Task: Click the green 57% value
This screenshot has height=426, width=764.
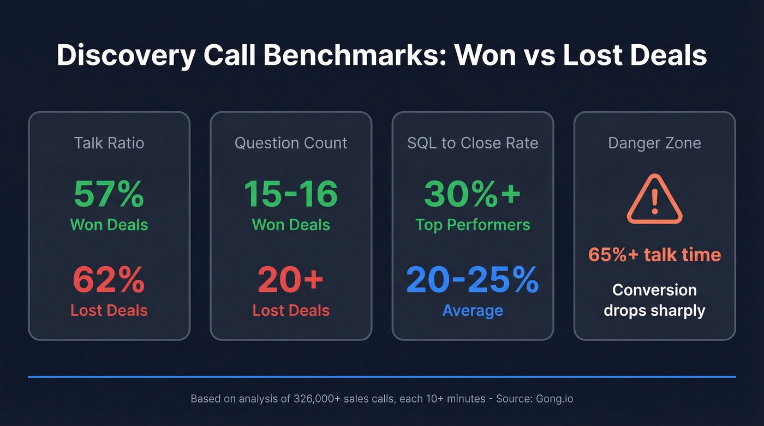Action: click(x=109, y=194)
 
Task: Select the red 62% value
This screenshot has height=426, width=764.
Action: click(x=109, y=280)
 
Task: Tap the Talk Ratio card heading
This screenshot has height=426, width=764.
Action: click(x=109, y=143)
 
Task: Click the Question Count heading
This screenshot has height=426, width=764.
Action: click(x=291, y=143)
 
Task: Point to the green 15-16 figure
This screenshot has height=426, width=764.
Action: click(x=291, y=194)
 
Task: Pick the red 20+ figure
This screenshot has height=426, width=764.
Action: click(x=291, y=280)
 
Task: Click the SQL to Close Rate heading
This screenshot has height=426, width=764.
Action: click(x=473, y=143)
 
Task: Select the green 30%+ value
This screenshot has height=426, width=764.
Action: click(x=473, y=194)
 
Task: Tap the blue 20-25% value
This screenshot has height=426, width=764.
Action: click(x=473, y=280)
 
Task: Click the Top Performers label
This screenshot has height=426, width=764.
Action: click(x=473, y=225)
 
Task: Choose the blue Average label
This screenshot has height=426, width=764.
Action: click(x=473, y=310)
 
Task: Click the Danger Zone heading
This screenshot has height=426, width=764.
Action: click(x=654, y=143)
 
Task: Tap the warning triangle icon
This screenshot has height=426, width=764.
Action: click(x=654, y=200)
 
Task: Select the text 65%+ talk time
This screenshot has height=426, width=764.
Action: click(x=654, y=254)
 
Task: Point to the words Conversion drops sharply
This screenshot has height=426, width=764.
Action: click(x=654, y=300)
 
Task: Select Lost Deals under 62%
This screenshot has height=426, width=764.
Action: click(x=109, y=310)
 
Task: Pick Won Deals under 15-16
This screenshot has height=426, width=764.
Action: click(x=291, y=225)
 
